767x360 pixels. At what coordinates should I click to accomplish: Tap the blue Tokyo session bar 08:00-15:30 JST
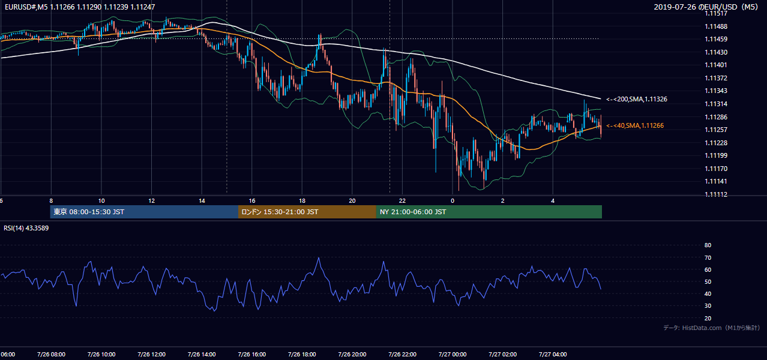point(144,212)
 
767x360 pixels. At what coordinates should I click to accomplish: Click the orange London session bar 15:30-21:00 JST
point(307,212)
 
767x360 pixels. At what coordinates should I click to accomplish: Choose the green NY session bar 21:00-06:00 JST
point(489,212)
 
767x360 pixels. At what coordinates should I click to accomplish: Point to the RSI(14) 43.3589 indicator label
point(26,228)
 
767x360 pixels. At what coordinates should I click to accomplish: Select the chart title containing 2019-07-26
point(706,7)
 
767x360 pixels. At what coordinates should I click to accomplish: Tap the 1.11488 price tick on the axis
point(716,26)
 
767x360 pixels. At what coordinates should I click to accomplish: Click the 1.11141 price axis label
point(716,181)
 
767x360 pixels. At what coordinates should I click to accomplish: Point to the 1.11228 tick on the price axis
point(716,143)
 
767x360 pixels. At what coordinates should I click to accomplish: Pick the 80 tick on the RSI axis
point(708,245)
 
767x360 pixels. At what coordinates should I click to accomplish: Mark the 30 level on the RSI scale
point(708,305)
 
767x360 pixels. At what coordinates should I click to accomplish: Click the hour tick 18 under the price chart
point(302,201)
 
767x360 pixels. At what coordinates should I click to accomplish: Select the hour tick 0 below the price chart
point(453,201)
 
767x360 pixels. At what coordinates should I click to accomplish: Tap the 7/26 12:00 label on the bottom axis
point(151,355)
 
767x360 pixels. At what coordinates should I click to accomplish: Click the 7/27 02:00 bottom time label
point(503,355)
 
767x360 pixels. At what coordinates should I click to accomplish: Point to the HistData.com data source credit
point(712,328)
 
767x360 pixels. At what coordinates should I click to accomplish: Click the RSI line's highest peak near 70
point(319,257)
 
